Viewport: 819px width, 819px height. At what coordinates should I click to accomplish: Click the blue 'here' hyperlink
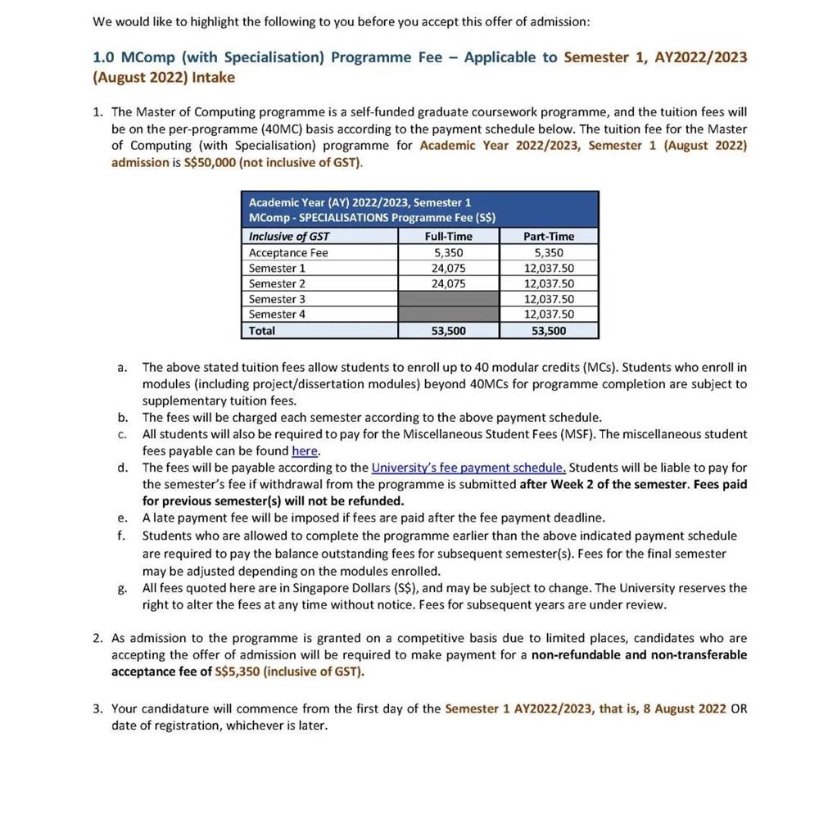[x=305, y=451]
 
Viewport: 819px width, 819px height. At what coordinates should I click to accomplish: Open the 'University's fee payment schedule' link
[x=468, y=468]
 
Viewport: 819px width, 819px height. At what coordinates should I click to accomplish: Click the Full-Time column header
[x=449, y=237]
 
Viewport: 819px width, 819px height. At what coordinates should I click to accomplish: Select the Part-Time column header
[x=549, y=237]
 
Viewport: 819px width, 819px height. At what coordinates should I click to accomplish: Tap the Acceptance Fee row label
[x=288, y=253]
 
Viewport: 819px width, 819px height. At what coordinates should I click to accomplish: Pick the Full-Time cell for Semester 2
[x=449, y=283]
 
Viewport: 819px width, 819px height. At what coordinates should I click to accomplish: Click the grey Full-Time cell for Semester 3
[x=449, y=299]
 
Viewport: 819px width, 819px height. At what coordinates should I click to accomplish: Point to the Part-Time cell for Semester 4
[x=549, y=314]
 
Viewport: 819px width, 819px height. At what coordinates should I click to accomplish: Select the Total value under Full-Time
[x=449, y=331]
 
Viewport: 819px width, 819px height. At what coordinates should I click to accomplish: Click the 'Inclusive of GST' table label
[x=289, y=237]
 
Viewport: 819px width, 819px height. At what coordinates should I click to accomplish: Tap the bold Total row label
[x=262, y=331]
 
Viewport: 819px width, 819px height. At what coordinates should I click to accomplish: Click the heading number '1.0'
[x=104, y=57]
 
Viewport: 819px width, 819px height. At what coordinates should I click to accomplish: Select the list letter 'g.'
[x=122, y=588]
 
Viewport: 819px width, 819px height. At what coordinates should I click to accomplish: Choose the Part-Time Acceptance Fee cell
[x=549, y=253]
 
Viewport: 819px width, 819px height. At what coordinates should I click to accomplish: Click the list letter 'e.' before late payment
[x=122, y=518]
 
